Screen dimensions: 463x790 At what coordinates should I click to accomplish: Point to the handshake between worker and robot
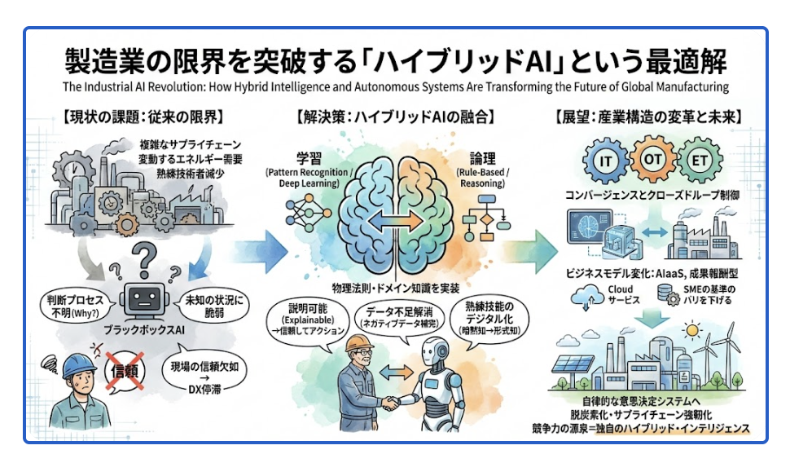[394, 402]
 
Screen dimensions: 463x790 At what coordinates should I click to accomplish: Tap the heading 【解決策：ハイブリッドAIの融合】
[393, 117]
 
